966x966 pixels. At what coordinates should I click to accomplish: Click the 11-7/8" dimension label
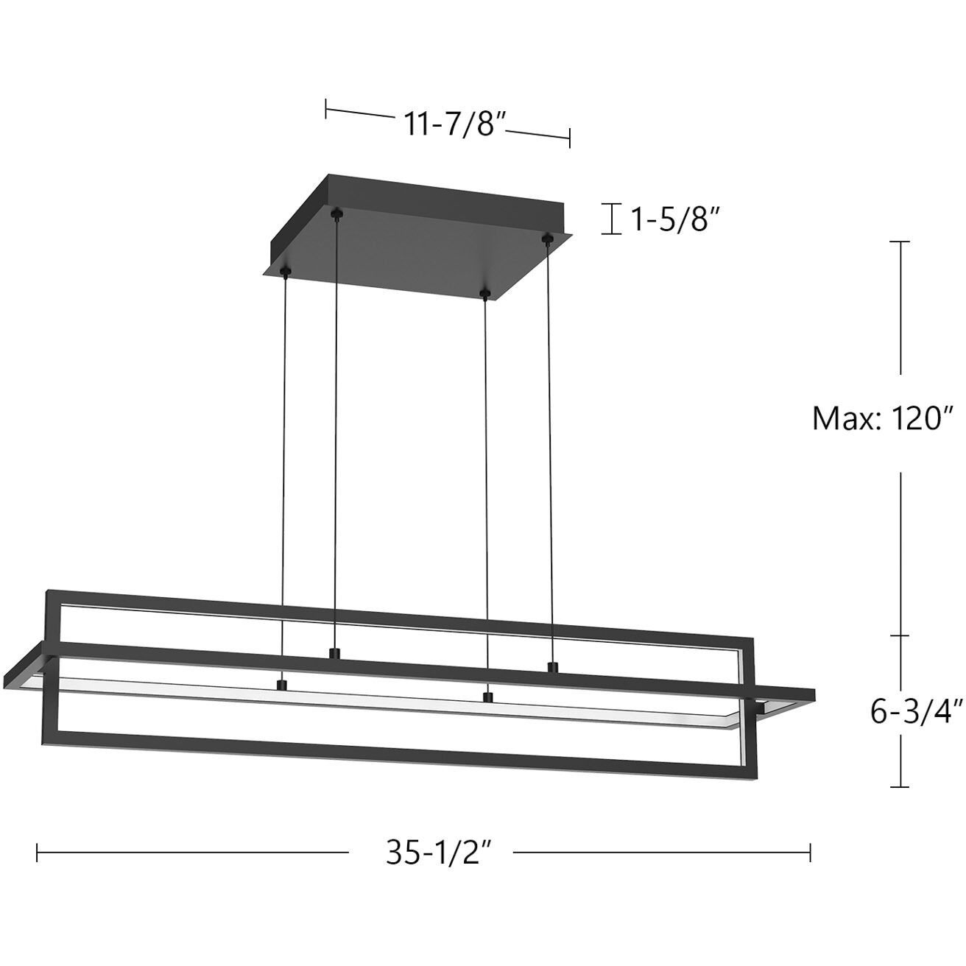(452, 124)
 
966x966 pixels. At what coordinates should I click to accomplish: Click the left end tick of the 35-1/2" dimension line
(38, 853)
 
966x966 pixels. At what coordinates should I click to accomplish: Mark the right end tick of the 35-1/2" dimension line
(810, 853)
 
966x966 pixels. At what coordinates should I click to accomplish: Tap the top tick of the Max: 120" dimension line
(900, 241)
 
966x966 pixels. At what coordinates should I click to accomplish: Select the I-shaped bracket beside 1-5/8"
(611, 219)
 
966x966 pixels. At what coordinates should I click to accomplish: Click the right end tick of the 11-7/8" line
(569, 138)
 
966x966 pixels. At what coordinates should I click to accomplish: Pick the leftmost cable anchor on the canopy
(285, 273)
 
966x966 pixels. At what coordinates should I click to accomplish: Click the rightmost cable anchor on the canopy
(546, 238)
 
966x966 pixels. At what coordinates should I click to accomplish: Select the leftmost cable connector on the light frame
(280, 685)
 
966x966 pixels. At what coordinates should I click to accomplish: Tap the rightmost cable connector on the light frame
(551, 667)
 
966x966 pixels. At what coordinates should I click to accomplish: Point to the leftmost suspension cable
(283, 479)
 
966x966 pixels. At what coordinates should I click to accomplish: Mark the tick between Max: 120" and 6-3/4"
(900, 635)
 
